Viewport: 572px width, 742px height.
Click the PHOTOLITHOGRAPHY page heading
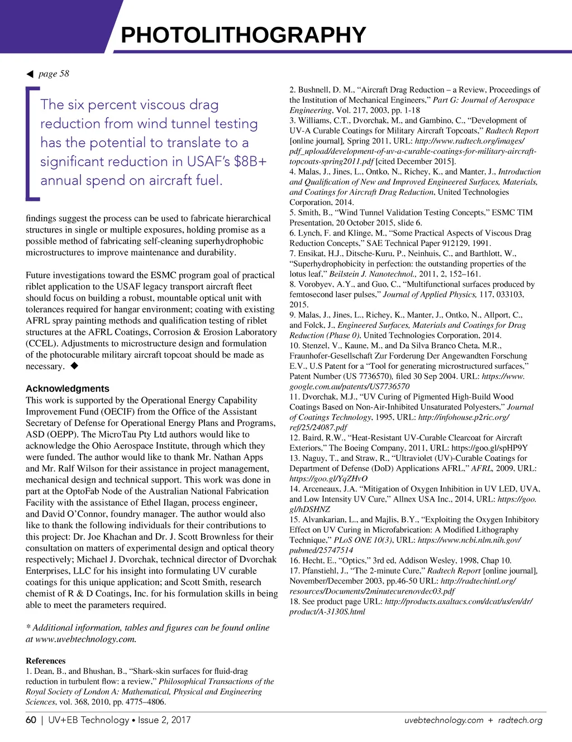tap(243, 35)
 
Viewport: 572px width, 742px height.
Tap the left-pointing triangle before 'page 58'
tap(30, 74)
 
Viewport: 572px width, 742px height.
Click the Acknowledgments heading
tap(68, 389)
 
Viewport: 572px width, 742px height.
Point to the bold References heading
tap(46, 661)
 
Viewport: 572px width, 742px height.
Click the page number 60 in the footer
tap(31, 720)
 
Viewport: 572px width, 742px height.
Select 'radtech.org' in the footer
tap(520, 720)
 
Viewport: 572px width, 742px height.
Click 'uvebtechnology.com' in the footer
tap(444, 720)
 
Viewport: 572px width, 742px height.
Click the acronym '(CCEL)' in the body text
tap(42, 344)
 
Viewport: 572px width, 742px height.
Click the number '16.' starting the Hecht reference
tap(295, 560)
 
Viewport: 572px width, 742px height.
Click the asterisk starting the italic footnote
tap(28, 628)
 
